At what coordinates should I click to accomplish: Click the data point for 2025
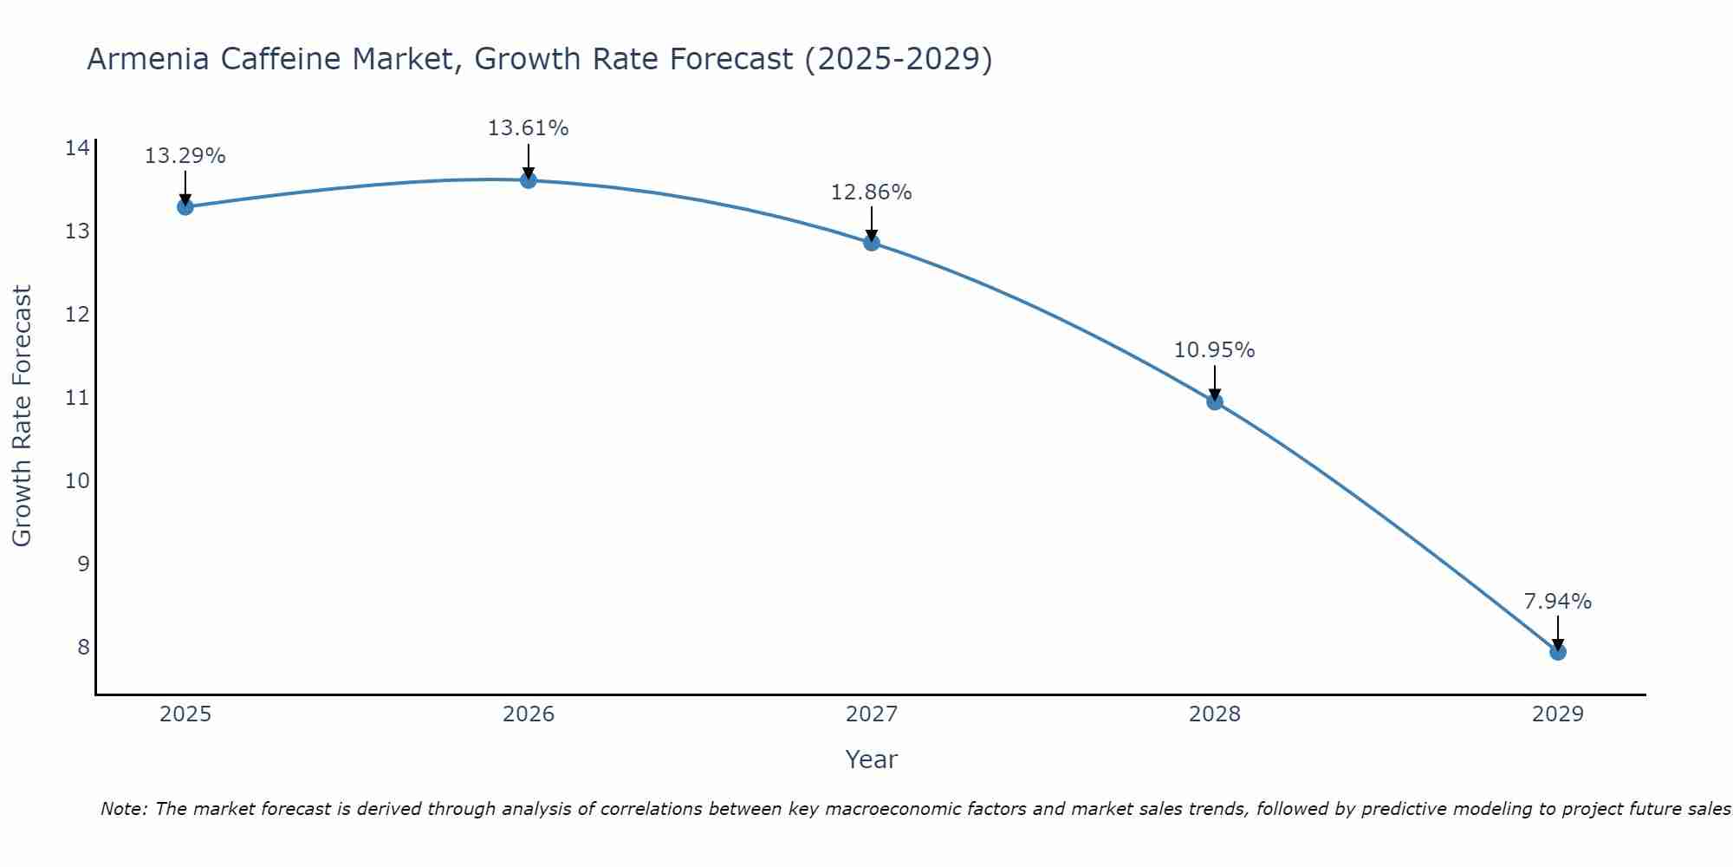[185, 206]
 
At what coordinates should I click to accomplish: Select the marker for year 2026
[528, 179]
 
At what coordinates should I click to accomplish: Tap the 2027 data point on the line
[872, 242]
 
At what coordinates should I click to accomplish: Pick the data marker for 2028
[1215, 401]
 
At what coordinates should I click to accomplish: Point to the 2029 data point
[1557, 652]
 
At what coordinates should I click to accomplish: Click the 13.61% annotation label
[528, 128]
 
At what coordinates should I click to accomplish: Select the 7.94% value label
[1557, 602]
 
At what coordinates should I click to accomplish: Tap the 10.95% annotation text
[1214, 350]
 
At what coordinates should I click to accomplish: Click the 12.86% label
[871, 192]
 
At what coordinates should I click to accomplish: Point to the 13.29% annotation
[185, 156]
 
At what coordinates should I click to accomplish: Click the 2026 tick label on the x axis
[529, 714]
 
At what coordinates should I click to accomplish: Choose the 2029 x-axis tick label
[1557, 714]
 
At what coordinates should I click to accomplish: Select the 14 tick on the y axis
[77, 148]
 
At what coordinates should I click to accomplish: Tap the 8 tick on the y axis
[83, 648]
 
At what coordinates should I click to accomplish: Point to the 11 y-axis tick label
[77, 398]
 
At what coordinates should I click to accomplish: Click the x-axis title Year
[871, 759]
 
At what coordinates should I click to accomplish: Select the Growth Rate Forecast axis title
[23, 416]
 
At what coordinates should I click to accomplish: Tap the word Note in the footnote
[123, 809]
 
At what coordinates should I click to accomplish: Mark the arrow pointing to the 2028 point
[1215, 381]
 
